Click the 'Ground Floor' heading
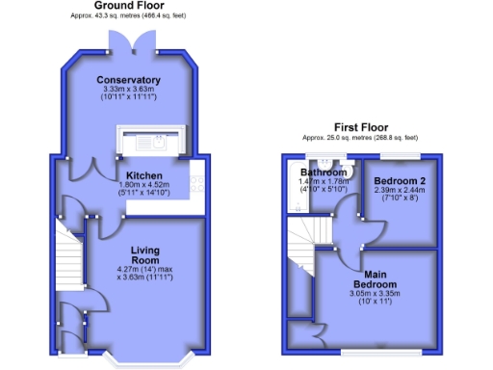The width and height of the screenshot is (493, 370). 127,6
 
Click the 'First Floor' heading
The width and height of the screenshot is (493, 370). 362,127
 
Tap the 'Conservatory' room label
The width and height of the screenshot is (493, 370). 128,79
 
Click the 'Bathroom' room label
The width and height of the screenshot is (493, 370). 322,172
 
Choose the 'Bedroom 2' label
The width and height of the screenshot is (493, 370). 398,181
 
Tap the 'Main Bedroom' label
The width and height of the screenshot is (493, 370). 376,278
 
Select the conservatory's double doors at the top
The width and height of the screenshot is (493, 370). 128,38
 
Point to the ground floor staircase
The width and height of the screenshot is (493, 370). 67,258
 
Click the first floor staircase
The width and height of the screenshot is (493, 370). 308,232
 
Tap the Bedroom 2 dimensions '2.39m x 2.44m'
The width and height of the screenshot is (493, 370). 398,191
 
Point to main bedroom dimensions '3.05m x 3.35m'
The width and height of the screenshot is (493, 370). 376,294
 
